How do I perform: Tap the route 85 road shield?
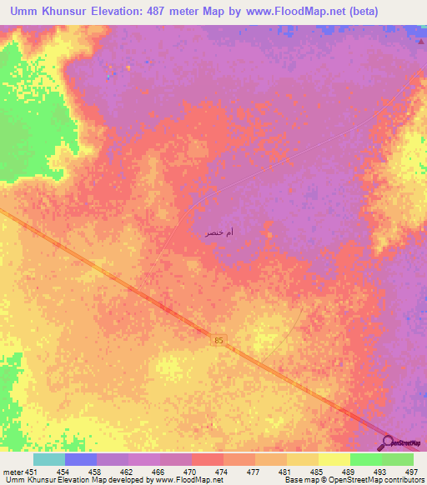219,340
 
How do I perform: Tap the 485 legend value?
315,472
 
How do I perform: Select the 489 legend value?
347,472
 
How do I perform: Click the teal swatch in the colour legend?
49,459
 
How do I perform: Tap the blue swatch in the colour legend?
81,459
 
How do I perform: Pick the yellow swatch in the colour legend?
334,459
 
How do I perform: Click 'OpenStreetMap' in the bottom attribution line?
364,481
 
